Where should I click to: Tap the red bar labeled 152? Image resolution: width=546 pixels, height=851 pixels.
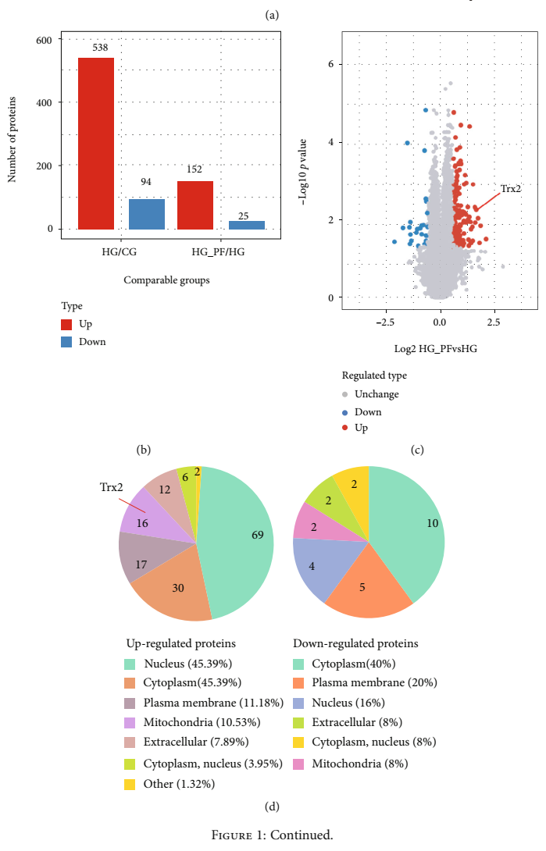195,205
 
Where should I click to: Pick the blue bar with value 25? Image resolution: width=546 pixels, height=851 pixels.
247,225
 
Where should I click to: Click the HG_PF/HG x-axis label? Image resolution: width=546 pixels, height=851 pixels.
220,251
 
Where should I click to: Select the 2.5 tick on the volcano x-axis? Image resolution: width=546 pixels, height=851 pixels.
494,322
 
